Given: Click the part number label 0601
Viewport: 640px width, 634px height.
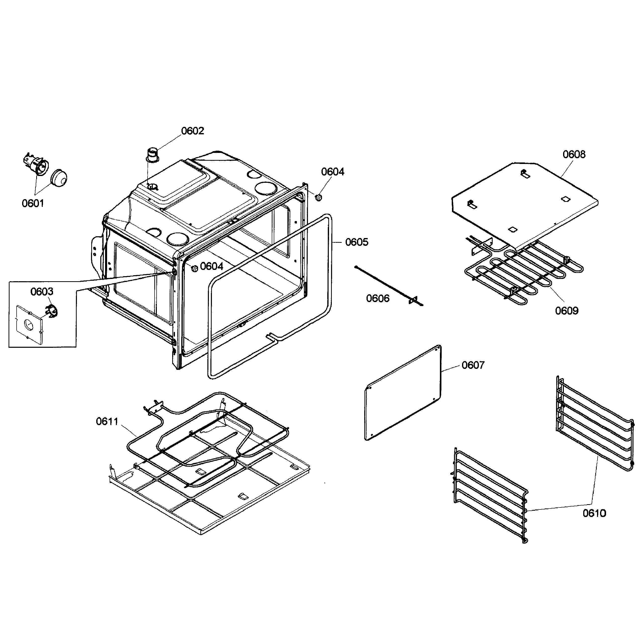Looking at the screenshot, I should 33,203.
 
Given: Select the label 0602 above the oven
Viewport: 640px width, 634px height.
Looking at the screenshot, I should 193,131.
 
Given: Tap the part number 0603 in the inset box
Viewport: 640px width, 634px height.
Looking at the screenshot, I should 42,292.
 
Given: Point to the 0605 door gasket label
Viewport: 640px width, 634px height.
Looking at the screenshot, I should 357,242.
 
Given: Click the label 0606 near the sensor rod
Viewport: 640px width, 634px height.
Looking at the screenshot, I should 378,299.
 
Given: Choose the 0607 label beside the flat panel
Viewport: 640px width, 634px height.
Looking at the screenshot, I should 473,365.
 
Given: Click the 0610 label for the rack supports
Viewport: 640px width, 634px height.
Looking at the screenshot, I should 594,513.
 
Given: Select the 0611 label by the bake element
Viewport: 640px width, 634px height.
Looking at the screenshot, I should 107,422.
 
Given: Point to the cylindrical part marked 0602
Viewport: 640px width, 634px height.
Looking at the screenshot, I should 153,155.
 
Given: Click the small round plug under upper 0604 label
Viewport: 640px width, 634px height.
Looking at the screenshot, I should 319,198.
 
